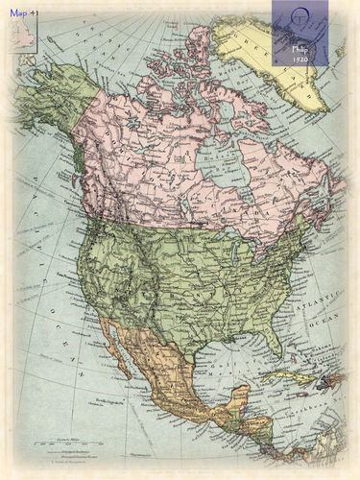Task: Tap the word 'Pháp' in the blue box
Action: (x=301, y=45)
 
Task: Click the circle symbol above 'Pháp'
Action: (x=301, y=17)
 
